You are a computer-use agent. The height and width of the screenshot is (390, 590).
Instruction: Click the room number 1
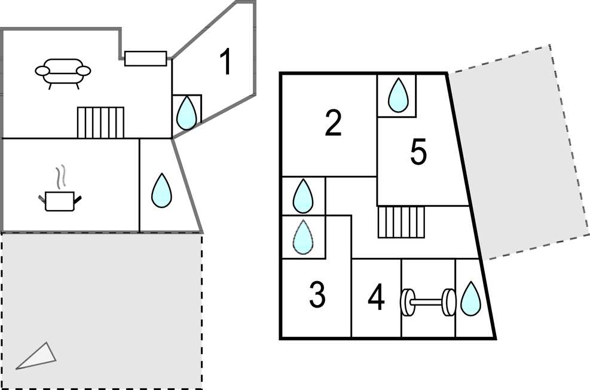pyautogui.click(x=225, y=62)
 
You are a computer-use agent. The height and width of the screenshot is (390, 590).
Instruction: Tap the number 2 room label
pyautogui.click(x=333, y=123)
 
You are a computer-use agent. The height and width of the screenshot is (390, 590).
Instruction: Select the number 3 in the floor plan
pyautogui.click(x=317, y=294)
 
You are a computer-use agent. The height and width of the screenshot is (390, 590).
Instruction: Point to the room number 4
pyautogui.click(x=376, y=298)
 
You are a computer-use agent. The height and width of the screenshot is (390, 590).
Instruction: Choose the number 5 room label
pyautogui.click(x=418, y=153)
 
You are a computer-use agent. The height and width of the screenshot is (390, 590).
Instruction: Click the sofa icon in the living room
pyautogui.click(x=63, y=73)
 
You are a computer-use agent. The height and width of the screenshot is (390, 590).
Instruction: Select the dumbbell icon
pyautogui.click(x=428, y=302)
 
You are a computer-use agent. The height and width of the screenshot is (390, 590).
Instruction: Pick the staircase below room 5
pyautogui.click(x=401, y=221)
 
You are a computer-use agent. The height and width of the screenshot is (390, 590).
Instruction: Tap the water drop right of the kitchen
pyautogui.click(x=161, y=190)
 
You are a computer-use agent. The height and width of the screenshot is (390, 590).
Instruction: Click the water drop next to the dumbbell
pyautogui.click(x=471, y=298)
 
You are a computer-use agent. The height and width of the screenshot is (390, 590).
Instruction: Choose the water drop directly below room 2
pyautogui.click(x=303, y=196)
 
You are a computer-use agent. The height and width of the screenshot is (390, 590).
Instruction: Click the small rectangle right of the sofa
pyautogui.click(x=145, y=58)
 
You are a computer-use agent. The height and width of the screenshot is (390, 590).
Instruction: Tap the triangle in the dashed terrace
pyautogui.click(x=37, y=357)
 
